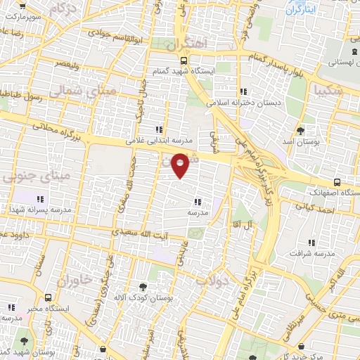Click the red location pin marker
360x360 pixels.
(x=181, y=165)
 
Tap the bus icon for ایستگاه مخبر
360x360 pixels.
(x=47, y=298)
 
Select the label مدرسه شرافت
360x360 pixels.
(x=312, y=252)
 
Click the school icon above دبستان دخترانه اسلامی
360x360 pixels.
(x=243, y=91)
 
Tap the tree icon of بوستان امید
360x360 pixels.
(x=301, y=131)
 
